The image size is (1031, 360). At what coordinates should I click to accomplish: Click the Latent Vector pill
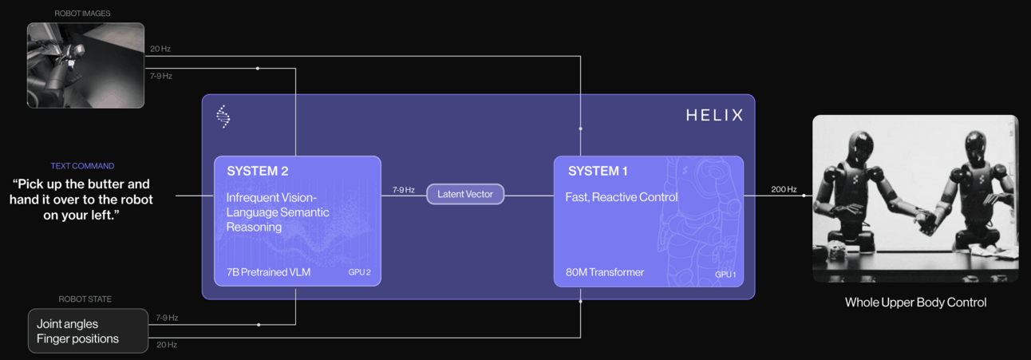point(465,194)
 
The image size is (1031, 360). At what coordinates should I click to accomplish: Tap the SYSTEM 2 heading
point(258,171)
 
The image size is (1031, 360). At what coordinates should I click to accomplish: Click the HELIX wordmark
point(714,116)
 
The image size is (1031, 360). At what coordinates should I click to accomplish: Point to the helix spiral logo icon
point(223,117)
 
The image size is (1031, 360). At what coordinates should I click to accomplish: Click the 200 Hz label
point(783,189)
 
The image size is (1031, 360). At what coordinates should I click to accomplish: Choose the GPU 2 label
point(359,272)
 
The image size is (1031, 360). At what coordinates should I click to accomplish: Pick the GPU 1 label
point(725,275)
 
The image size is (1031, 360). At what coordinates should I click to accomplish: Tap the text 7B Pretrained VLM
point(268,273)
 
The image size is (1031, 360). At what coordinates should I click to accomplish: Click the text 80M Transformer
point(598,273)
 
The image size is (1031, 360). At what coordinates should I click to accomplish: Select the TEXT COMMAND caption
point(82,166)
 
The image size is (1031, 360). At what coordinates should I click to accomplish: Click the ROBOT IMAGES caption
point(82,14)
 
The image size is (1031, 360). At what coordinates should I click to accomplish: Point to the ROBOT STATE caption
point(85,299)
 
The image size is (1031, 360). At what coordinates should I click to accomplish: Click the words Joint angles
point(68,324)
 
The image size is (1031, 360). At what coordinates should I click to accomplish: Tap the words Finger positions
point(77,338)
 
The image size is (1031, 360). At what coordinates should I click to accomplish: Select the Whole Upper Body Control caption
point(915,303)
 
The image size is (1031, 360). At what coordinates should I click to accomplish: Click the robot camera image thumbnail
point(85,65)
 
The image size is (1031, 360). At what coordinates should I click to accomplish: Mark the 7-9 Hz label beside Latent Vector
point(403,190)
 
